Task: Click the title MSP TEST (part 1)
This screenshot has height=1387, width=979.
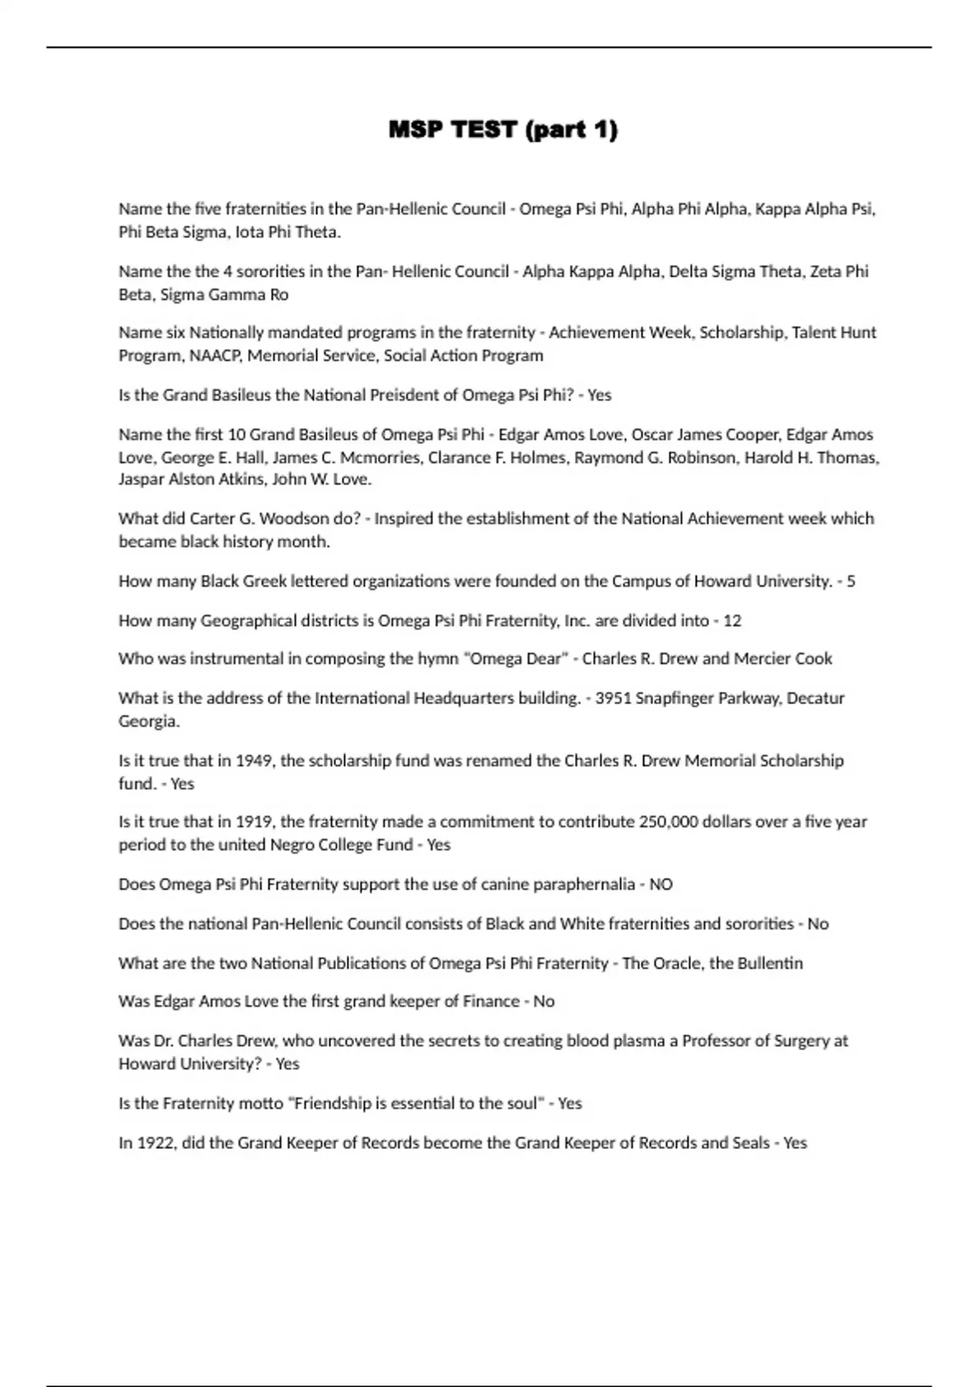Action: point(503,130)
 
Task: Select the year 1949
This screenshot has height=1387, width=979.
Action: point(254,760)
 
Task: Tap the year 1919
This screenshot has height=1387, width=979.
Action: point(254,822)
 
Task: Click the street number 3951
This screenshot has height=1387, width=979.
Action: point(613,698)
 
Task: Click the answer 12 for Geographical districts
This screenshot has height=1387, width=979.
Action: point(732,621)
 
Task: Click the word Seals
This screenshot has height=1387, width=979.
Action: point(751,1143)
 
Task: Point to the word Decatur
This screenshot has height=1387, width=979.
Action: point(815,698)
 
